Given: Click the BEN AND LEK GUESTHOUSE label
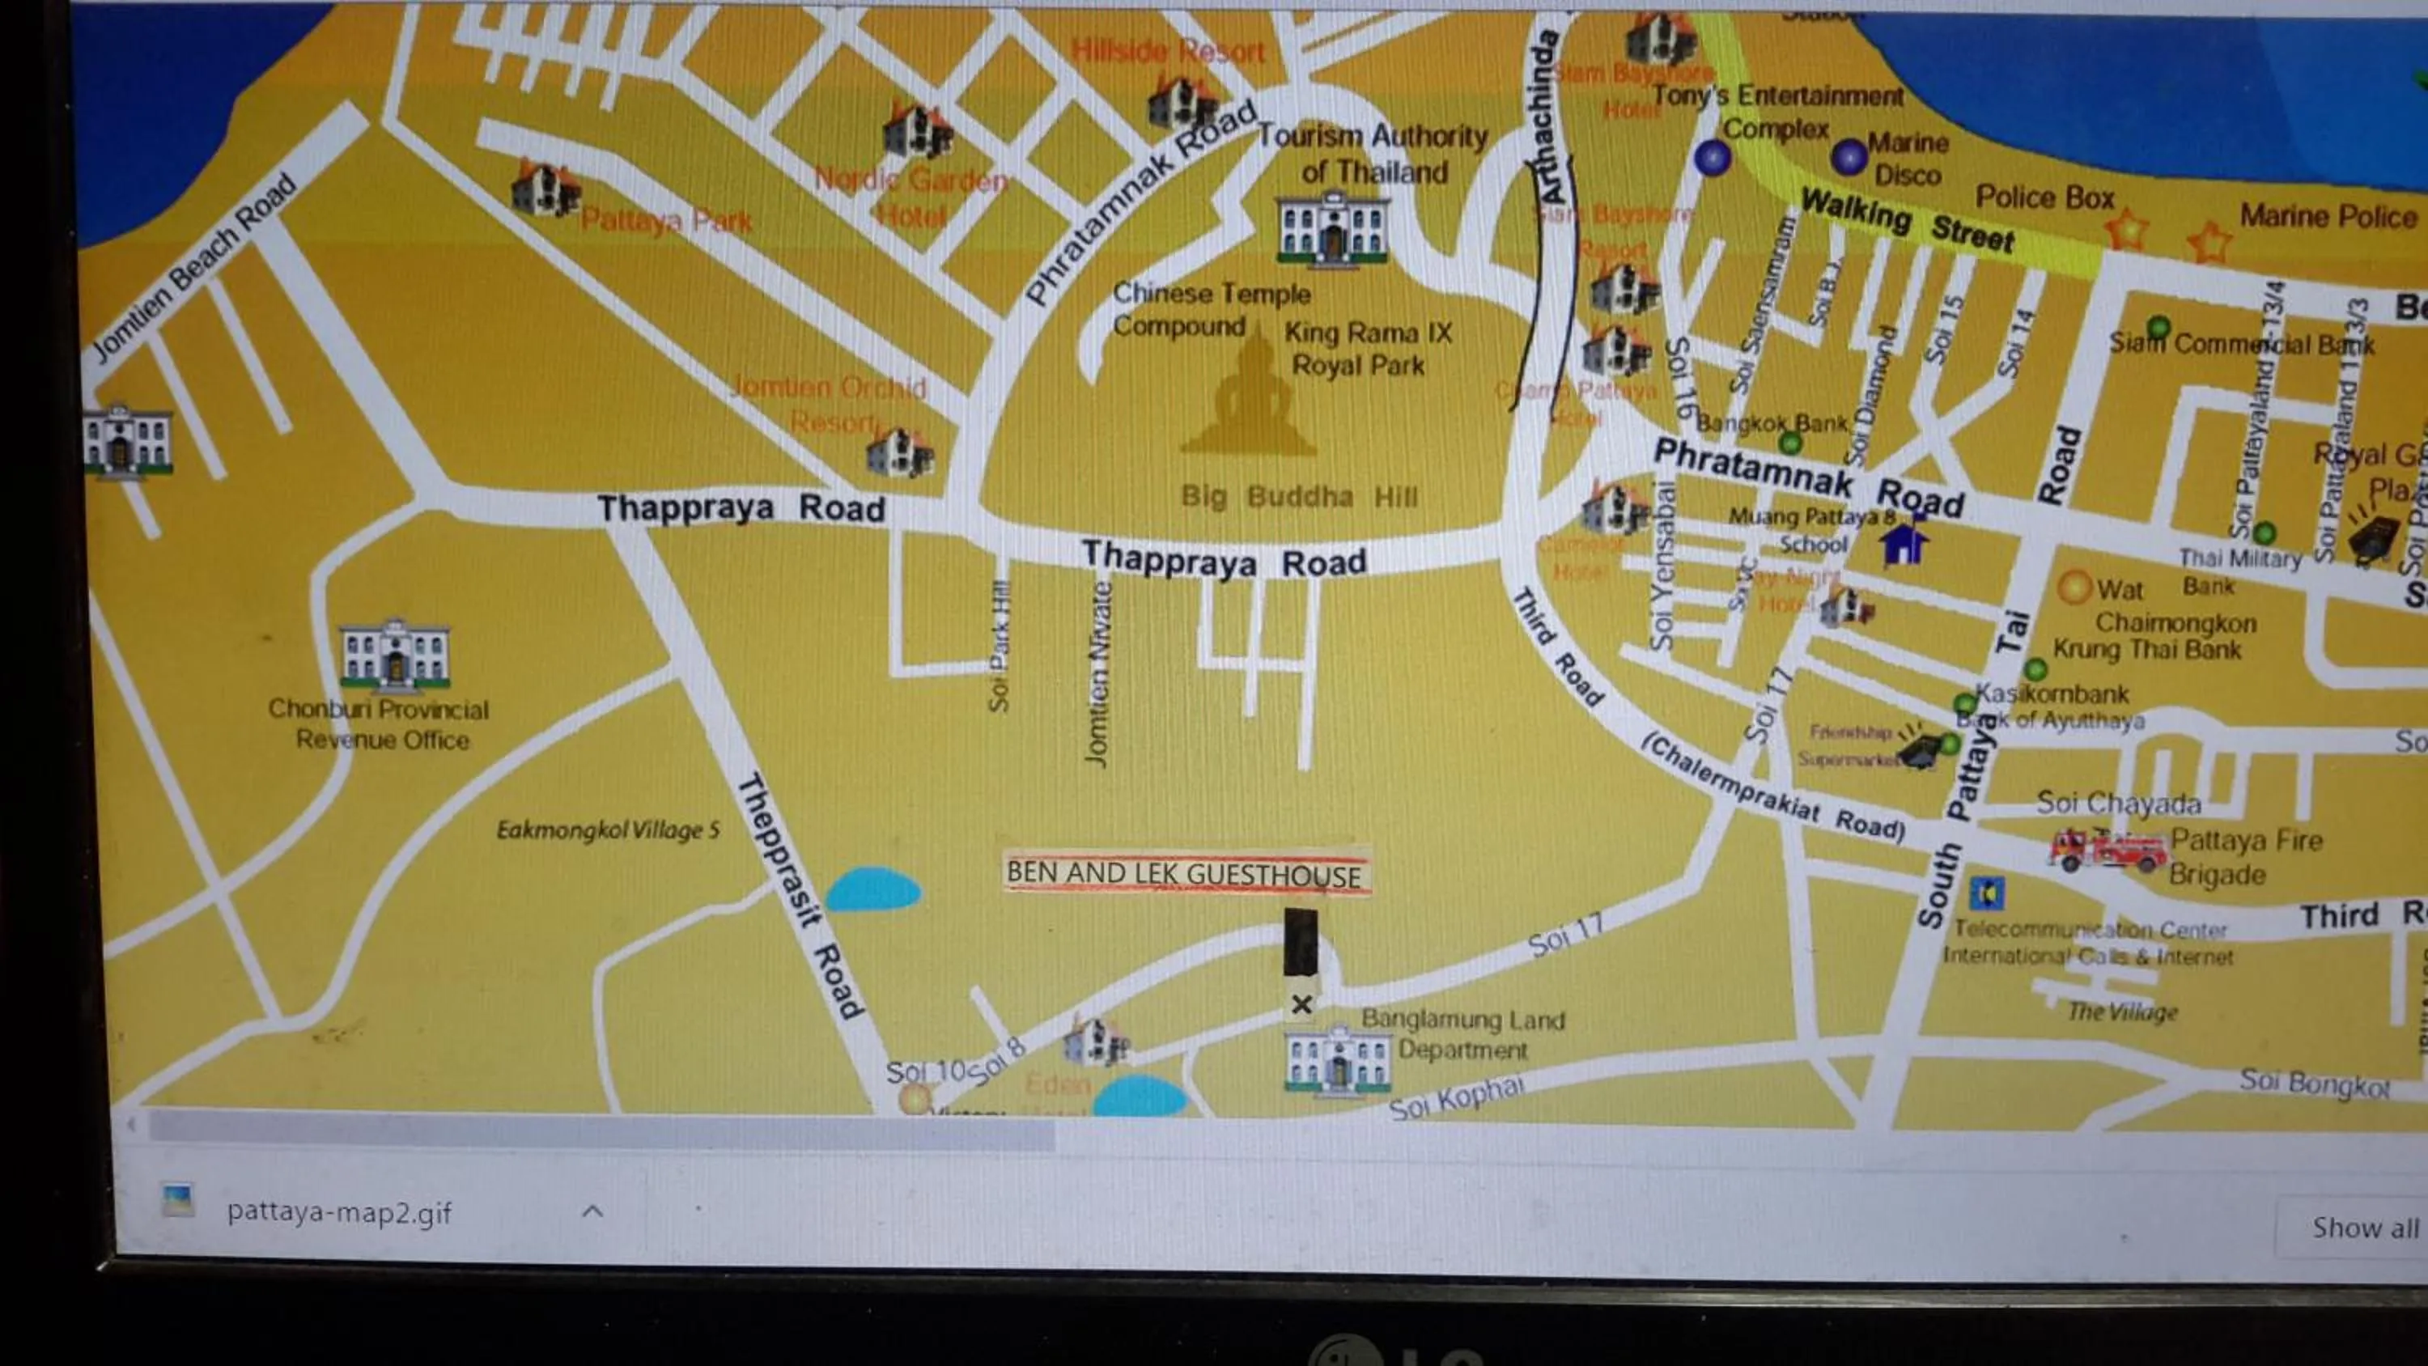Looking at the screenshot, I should tap(1185, 873).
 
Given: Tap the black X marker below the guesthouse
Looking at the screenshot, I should tap(1301, 1004).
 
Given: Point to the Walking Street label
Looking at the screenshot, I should tap(1906, 219).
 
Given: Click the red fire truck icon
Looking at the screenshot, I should tap(2108, 850).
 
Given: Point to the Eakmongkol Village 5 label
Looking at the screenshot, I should tap(607, 830).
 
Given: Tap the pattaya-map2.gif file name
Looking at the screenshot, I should tap(338, 1212).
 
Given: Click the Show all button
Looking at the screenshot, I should tap(2363, 1228).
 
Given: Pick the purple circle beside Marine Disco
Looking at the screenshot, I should tap(1849, 156).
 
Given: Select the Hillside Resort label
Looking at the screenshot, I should tap(1168, 51).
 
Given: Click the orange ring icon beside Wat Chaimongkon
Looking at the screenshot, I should tap(2074, 588).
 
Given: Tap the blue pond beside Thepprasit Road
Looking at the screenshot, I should tap(872, 889).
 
